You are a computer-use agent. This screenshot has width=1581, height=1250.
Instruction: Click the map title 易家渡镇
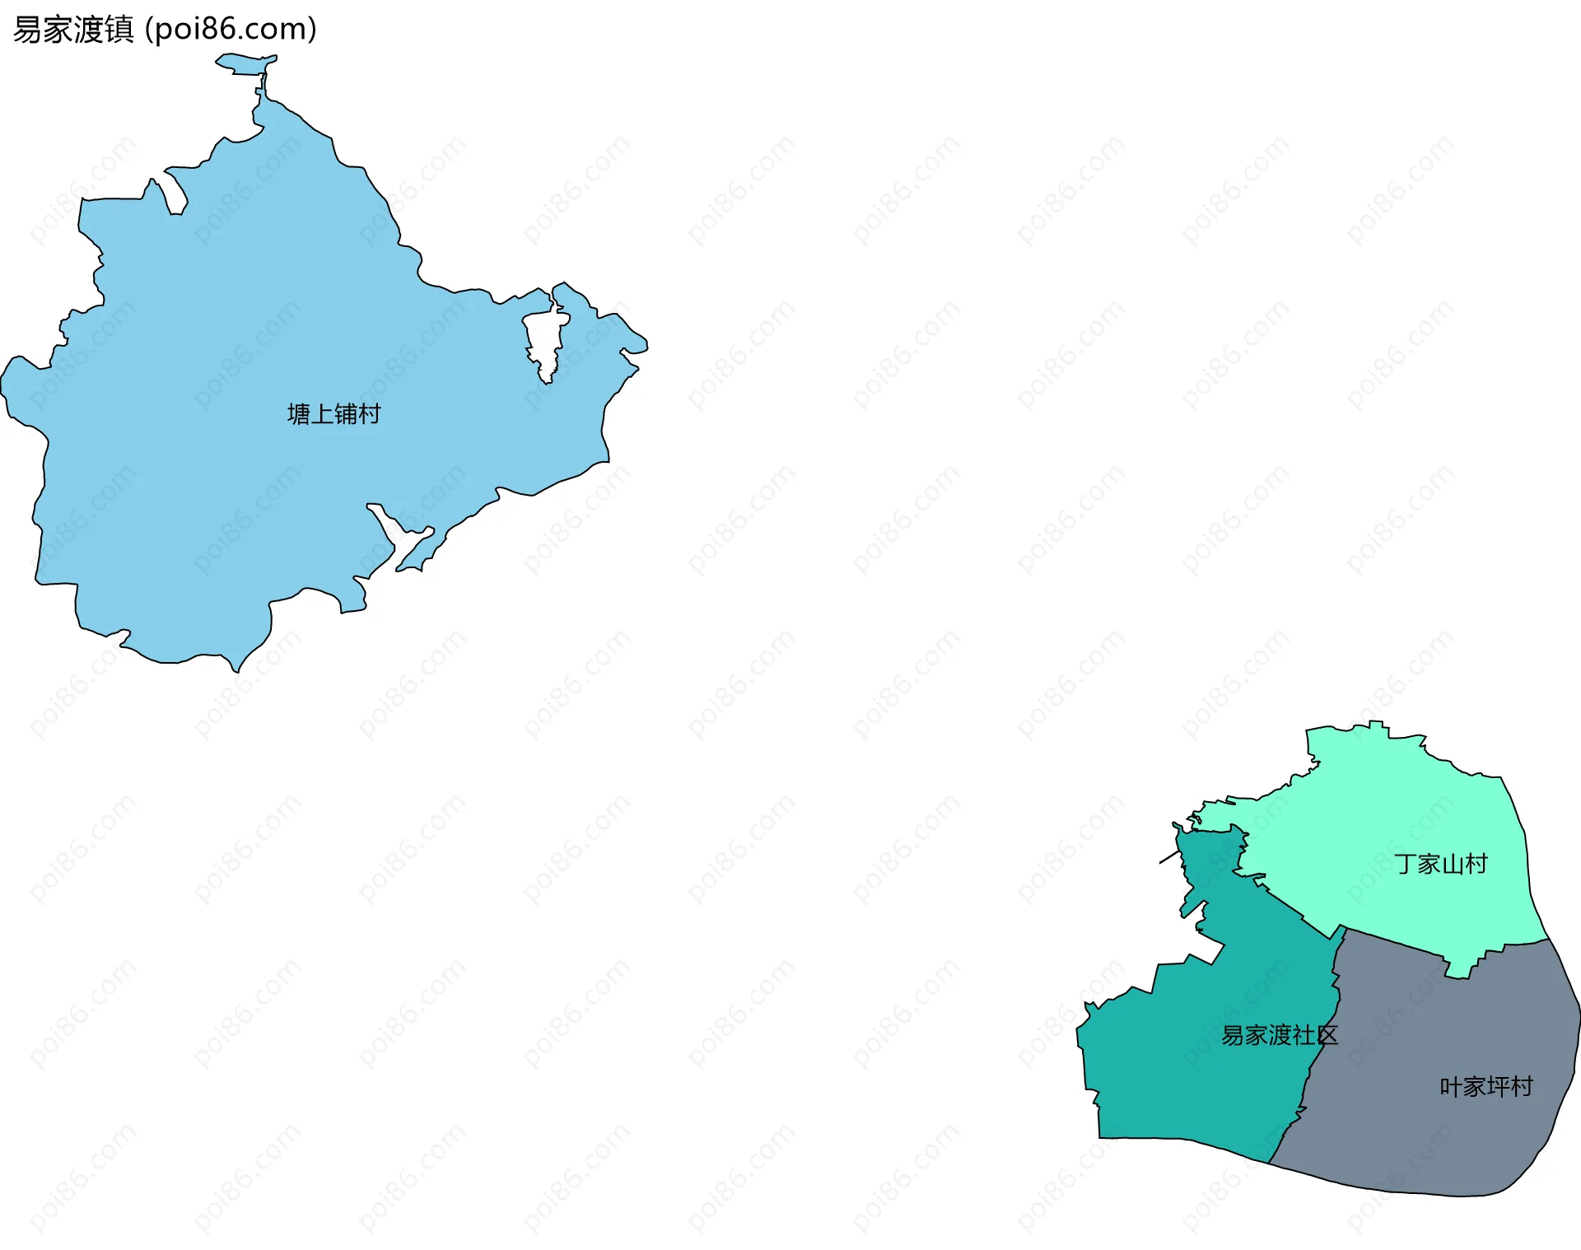tap(73, 30)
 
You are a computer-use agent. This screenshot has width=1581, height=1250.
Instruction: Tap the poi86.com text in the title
tap(230, 30)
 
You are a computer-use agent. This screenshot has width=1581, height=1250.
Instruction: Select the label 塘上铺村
tap(333, 413)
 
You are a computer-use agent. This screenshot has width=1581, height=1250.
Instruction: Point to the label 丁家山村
tap(1440, 864)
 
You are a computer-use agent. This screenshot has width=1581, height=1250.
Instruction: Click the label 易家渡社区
tap(1279, 1035)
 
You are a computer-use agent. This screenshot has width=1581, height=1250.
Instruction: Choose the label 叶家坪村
tap(1485, 1087)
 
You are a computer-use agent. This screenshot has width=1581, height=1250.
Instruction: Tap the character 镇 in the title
tap(119, 30)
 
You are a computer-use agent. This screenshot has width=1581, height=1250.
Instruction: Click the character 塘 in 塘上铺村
tap(299, 413)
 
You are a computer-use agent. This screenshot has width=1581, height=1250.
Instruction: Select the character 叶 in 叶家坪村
tap(1451, 1087)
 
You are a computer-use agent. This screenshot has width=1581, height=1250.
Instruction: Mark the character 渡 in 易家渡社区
tap(1279, 1035)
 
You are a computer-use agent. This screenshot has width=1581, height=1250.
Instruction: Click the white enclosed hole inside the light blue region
tap(544, 342)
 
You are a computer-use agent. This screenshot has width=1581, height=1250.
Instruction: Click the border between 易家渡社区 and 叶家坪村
tap(1317, 1062)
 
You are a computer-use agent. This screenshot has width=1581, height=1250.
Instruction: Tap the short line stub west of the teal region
tap(1168, 858)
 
